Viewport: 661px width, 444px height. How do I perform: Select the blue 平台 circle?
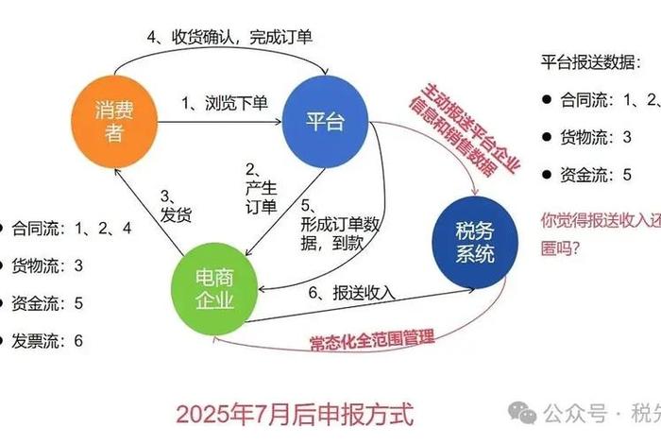(326, 120)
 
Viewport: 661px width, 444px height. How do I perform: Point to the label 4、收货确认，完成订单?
(229, 38)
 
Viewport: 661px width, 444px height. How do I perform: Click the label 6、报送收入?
(351, 292)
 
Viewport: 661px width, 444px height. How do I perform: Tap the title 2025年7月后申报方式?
(295, 412)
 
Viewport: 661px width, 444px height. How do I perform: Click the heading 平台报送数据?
(595, 62)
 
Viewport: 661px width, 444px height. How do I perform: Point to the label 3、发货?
(177, 206)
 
